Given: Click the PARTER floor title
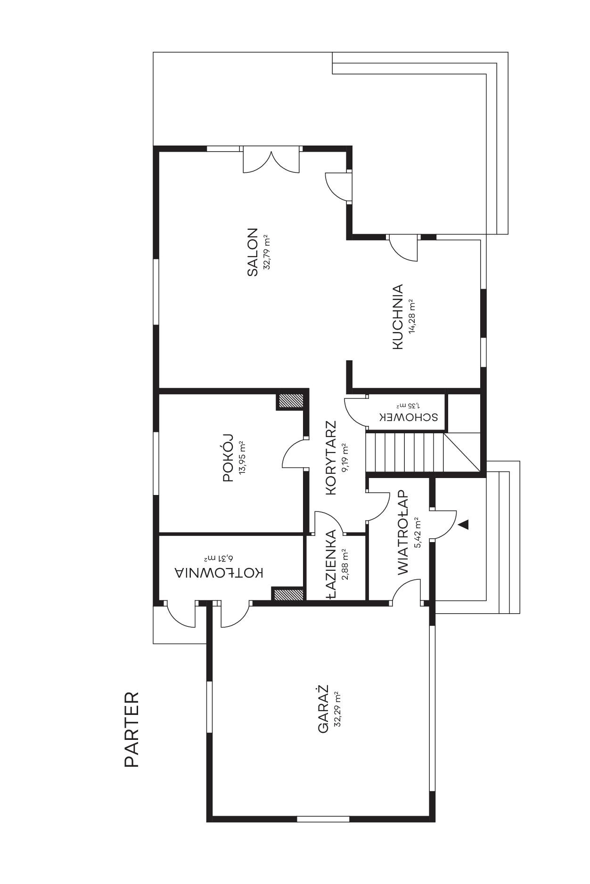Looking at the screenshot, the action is point(132,730).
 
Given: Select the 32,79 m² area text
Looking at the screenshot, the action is point(267,252).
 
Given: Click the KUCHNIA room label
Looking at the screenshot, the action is point(398,316).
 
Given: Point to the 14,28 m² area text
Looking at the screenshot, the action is point(412,316).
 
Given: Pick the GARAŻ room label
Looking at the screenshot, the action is point(323,709).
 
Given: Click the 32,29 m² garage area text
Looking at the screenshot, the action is point(337,709).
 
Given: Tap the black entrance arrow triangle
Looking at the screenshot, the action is point(464,524).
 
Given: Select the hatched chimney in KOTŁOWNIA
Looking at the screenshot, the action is point(288,594).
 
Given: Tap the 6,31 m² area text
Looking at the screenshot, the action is point(219,559).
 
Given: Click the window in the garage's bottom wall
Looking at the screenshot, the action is point(323,819).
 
